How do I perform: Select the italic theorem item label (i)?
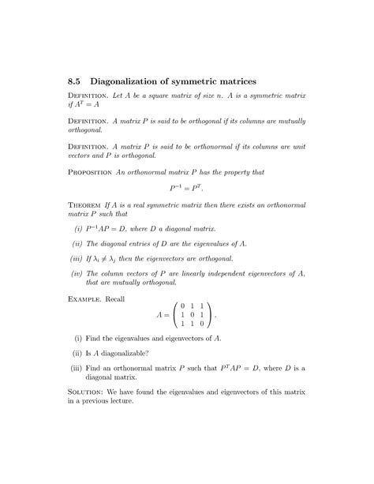(77, 228)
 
